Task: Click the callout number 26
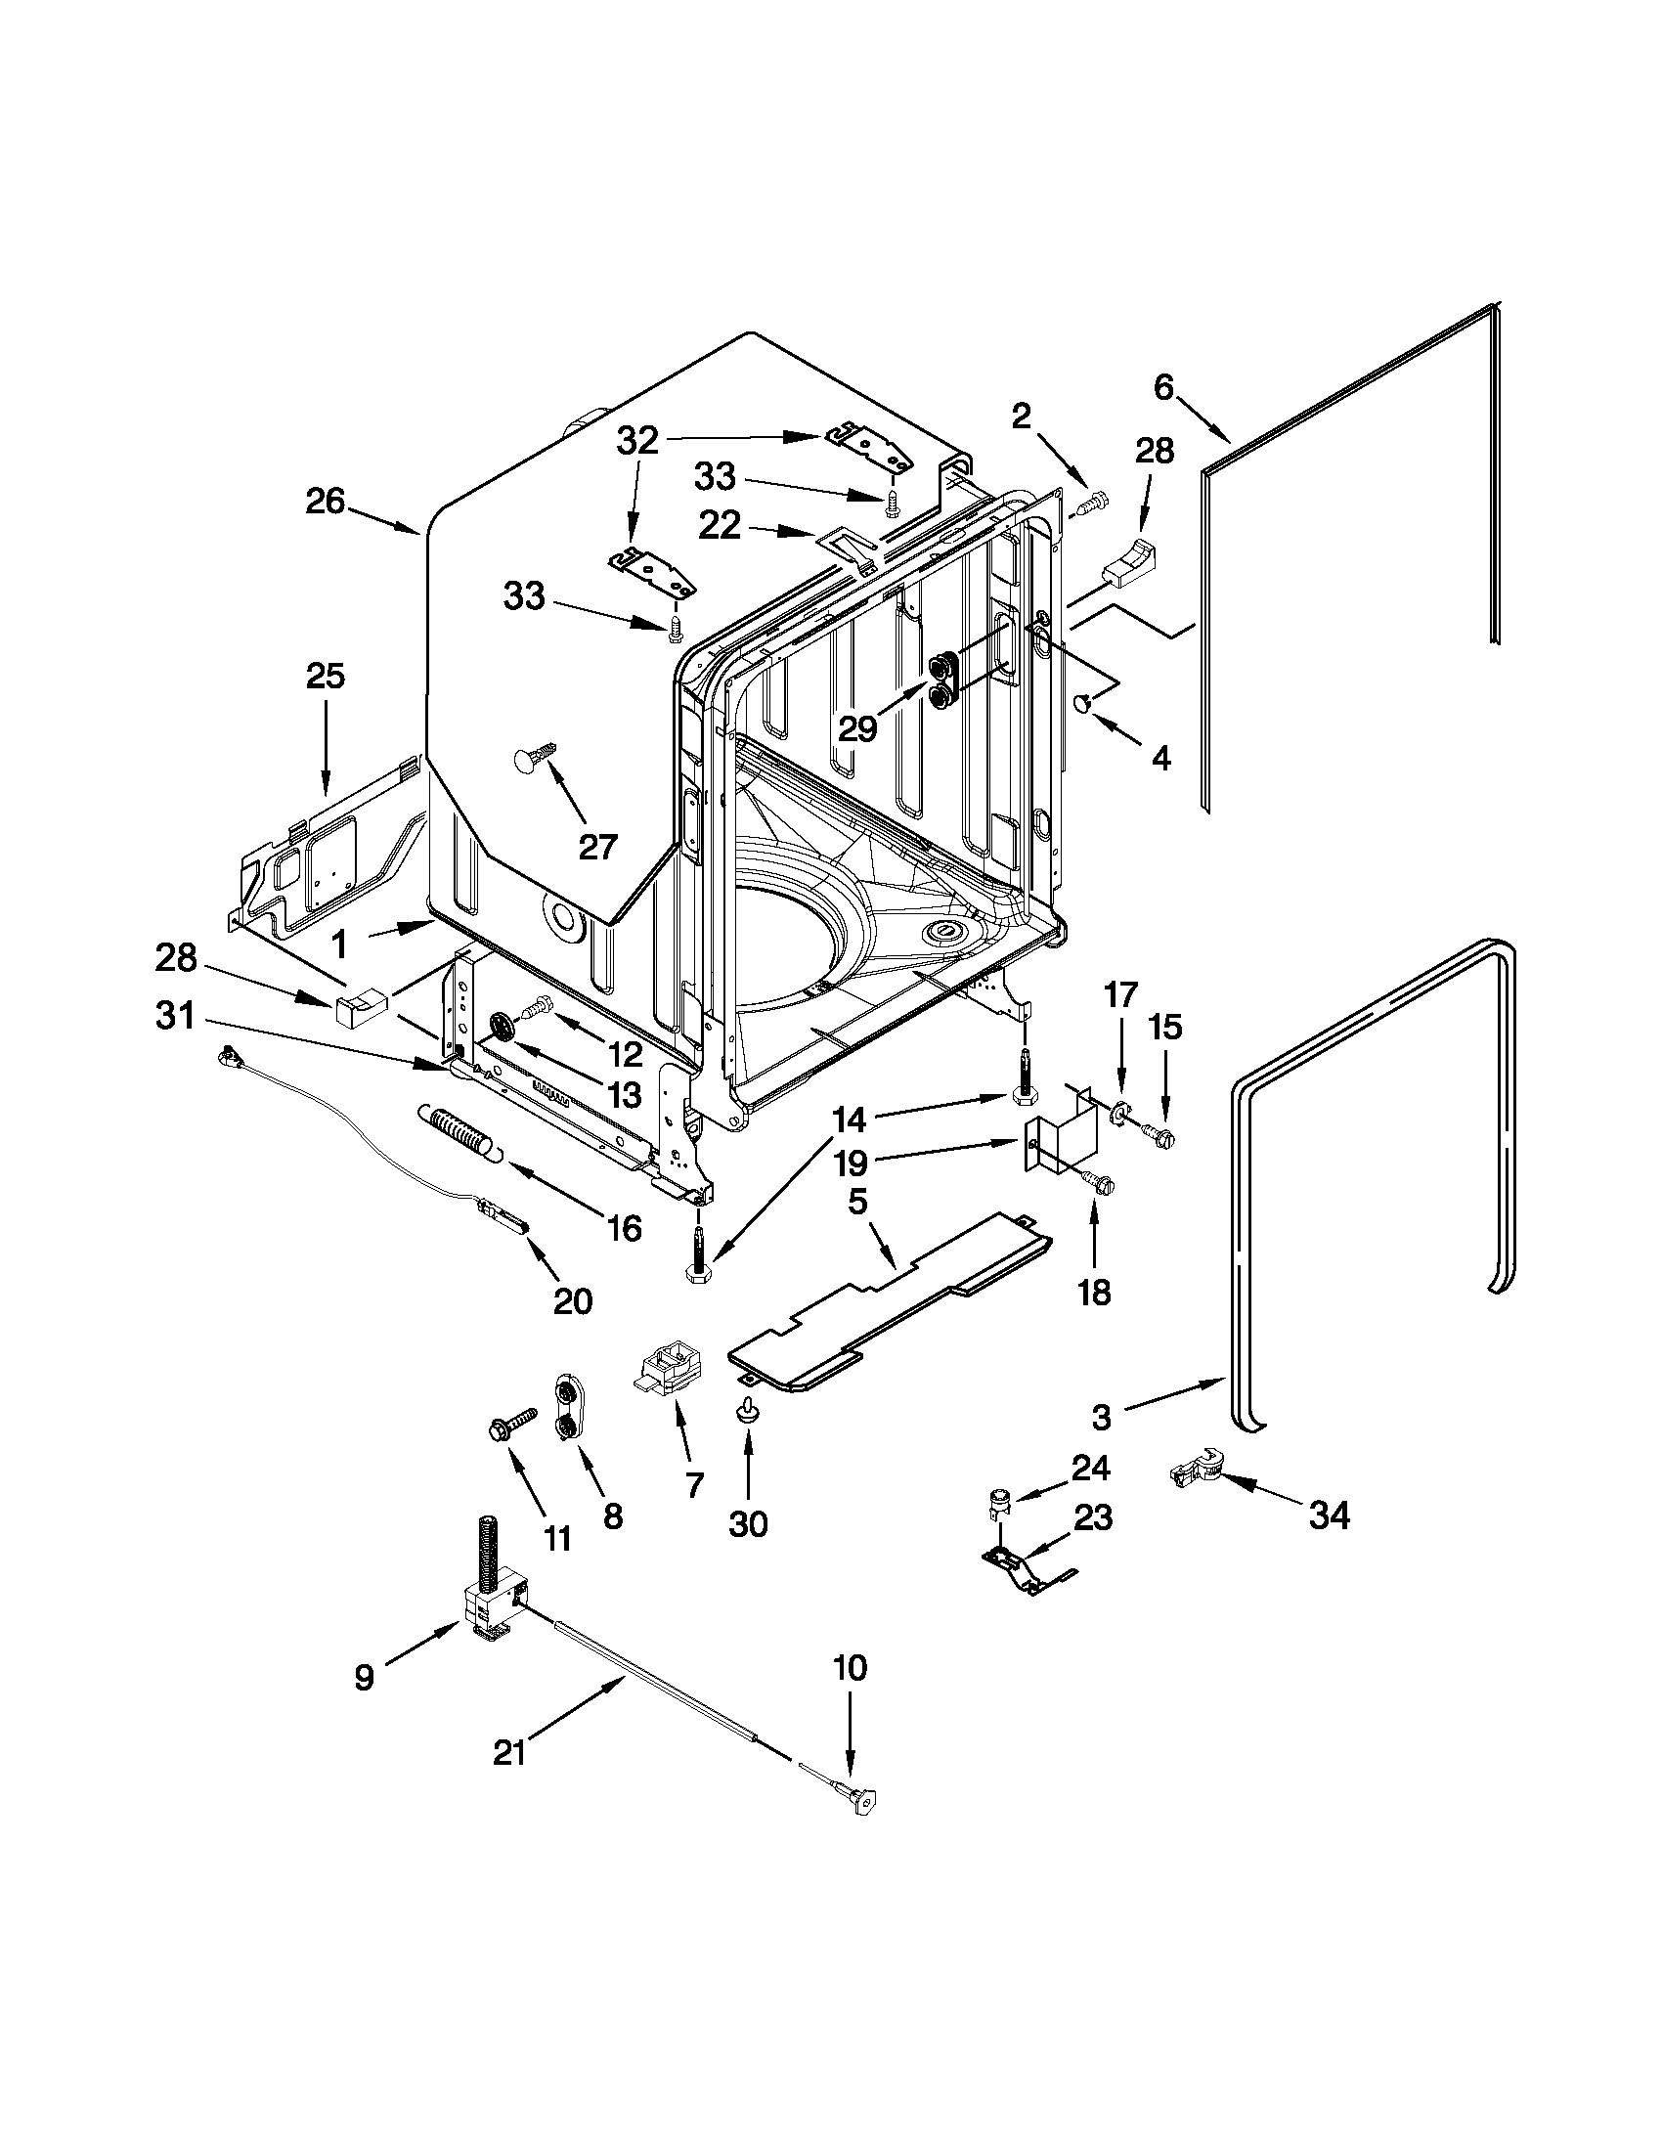tap(325, 502)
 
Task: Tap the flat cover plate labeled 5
tap(887, 1300)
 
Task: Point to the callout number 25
tap(326, 676)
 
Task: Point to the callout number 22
tap(719, 525)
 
